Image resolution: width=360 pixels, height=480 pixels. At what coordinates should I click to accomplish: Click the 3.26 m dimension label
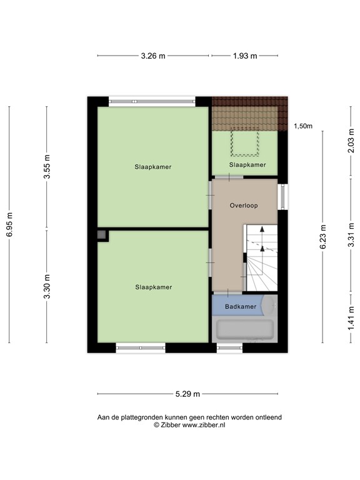pos(152,56)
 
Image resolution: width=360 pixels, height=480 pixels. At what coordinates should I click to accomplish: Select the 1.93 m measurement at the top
pos(244,56)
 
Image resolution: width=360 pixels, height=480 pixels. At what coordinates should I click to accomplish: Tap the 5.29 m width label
pos(187,394)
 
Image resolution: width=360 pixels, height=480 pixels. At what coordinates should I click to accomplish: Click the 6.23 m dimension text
pos(322,237)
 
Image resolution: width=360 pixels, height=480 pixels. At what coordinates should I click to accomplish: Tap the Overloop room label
pos(244,205)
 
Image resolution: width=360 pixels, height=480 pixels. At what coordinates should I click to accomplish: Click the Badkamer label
pos(241,306)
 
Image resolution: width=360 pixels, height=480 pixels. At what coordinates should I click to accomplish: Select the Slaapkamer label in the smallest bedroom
pos(247,165)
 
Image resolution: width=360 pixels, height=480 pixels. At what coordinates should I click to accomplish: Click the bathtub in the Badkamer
pos(244,329)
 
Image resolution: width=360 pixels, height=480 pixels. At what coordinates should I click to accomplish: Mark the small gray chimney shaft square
pos(102,235)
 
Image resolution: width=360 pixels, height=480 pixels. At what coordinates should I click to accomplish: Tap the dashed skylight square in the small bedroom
pos(244,144)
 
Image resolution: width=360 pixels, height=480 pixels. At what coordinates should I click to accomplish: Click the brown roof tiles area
pos(249,112)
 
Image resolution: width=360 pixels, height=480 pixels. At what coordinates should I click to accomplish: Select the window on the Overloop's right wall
pos(282,197)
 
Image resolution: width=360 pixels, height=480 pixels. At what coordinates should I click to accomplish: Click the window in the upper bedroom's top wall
pos(152,101)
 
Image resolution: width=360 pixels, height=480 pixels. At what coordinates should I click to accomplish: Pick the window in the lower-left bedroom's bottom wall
pos(141,347)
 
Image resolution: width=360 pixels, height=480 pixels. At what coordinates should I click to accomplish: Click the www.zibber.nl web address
pos(204,425)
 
